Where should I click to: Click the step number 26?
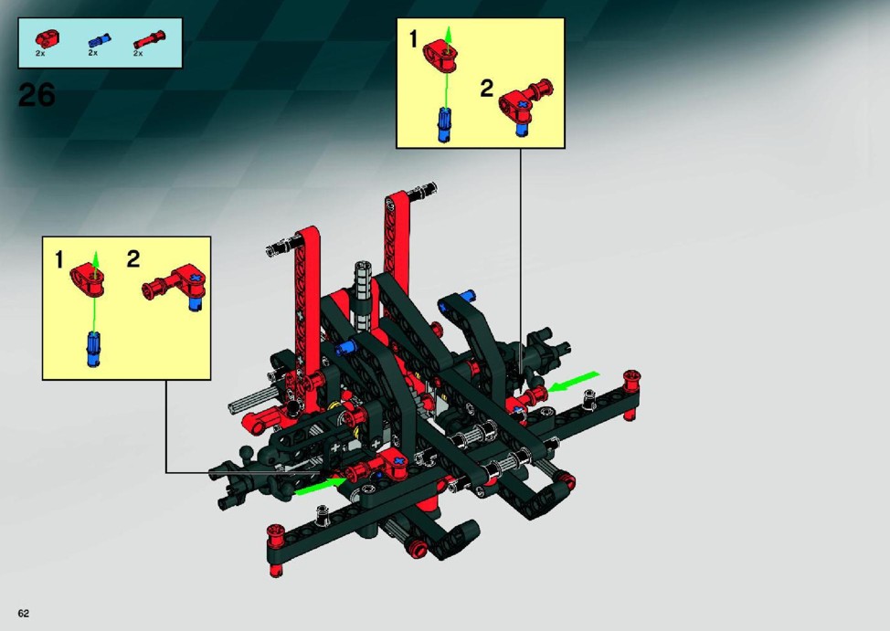coord(37,95)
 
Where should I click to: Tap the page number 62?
coord(23,614)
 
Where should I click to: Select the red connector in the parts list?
coord(43,38)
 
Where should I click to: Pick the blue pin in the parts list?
coord(100,41)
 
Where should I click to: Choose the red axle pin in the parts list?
coord(149,39)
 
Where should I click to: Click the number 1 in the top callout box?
coord(413,39)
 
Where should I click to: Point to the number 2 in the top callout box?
coord(486,89)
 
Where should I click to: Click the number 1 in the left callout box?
coord(59,260)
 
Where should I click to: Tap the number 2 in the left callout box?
coord(132,258)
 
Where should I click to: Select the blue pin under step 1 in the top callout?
coord(444,125)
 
